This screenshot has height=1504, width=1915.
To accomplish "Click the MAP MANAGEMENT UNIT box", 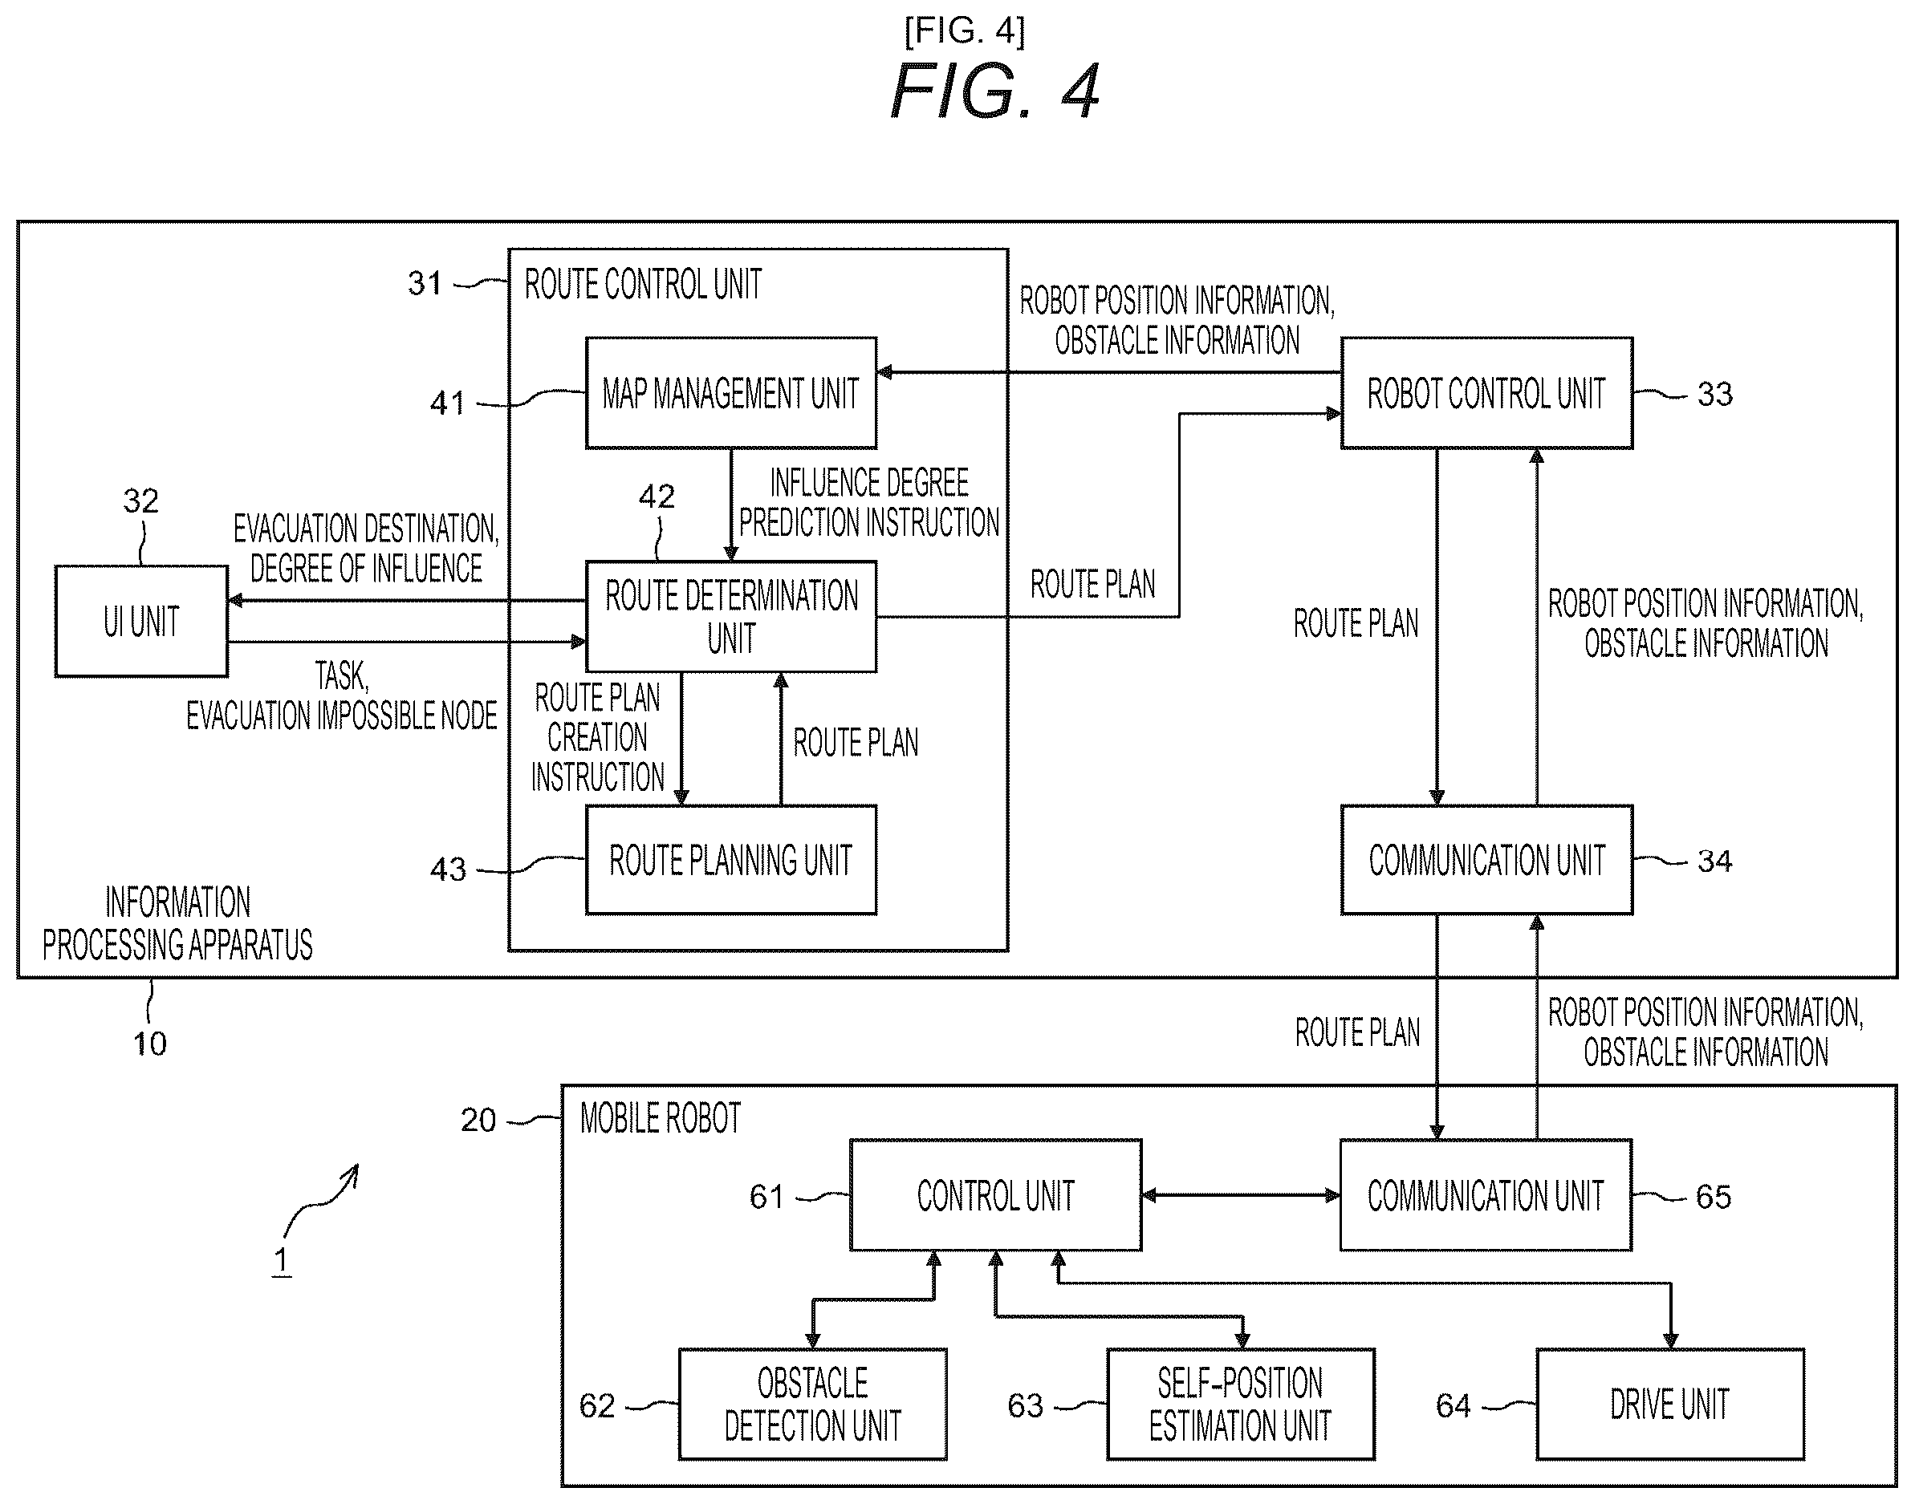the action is point(731,393).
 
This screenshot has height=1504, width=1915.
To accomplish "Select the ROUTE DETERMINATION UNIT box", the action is point(731,616).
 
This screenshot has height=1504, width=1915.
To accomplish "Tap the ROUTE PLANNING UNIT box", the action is point(731,859).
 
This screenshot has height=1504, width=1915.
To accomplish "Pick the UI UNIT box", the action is point(141,621).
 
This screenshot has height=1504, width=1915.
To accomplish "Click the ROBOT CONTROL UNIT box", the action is point(1486,393).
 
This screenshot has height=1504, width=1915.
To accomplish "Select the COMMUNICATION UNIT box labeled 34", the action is point(1486,859).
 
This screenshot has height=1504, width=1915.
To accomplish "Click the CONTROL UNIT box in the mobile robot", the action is point(995,1195).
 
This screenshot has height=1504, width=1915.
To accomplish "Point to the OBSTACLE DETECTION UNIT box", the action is point(812,1404).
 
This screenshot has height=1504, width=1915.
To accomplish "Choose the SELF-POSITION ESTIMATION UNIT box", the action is point(1240,1404).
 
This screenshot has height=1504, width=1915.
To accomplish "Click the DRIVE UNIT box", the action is point(1670,1404).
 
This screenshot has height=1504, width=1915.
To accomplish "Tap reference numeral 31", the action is point(425,283).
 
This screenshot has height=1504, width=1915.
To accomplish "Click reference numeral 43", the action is point(448,870).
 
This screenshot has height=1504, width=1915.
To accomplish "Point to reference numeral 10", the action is point(150,1044).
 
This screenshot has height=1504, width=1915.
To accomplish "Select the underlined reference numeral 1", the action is point(281,1260).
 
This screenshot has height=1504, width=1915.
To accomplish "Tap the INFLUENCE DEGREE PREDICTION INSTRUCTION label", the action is point(868,502).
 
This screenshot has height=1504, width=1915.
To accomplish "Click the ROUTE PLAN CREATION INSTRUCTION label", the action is point(597,737).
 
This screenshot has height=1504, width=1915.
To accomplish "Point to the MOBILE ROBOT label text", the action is point(661,1118).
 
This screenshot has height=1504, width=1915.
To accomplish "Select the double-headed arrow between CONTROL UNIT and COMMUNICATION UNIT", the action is point(1241,1195).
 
